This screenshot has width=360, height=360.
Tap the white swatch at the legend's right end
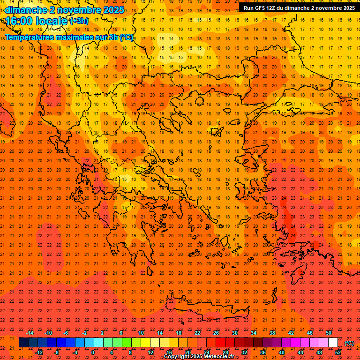[333, 343]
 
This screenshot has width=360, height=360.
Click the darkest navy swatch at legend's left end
[23, 343]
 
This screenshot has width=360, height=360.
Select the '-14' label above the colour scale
[30, 333]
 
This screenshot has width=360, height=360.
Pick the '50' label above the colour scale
[329, 333]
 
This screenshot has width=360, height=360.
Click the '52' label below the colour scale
[338, 352]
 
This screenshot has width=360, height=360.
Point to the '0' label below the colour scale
[93, 352]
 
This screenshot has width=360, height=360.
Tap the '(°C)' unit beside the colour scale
[349, 343]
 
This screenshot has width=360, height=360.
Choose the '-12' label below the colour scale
[39, 352]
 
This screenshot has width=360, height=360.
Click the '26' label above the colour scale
[216, 333]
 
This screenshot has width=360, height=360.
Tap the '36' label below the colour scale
[263, 352]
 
